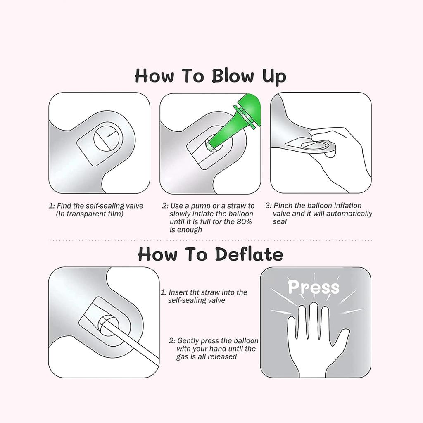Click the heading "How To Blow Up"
210,76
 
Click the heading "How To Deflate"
210,254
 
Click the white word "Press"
314,288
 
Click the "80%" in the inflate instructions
244,222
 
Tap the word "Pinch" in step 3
283,206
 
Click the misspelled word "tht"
195,292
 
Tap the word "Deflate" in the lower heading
249,254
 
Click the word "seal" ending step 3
280,222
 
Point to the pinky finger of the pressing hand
292,327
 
